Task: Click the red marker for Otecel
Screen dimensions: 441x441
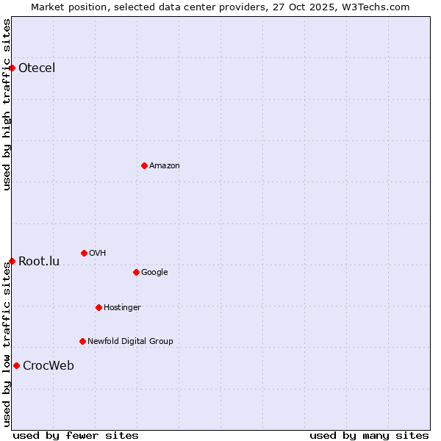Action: pos(12,68)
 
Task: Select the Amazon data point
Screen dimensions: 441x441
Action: pos(144,165)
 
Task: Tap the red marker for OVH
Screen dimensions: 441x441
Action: pos(84,253)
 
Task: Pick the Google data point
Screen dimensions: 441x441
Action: pos(136,272)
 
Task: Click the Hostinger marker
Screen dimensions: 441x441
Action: pos(98,307)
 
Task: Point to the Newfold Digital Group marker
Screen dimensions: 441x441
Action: pos(82,341)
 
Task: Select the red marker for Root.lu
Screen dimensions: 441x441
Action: pos(12,261)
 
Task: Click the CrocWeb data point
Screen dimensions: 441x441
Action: pos(16,365)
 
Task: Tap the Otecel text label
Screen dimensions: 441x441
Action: pos(37,68)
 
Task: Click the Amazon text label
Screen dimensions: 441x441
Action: pos(165,165)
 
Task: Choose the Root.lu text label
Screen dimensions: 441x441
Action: pos(39,261)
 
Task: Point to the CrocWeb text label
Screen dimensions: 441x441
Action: pos(49,365)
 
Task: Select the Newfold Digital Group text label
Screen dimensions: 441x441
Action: pos(130,341)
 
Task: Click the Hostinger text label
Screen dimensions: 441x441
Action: pos(122,307)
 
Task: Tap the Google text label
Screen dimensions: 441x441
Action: pos(154,272)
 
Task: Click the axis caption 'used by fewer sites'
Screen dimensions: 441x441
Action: pos(76,435)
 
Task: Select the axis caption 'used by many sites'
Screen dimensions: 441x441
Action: pos(369,435)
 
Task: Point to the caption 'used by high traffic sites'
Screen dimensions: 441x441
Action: pos(7,104)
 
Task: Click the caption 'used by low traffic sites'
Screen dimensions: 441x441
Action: pos(7,344)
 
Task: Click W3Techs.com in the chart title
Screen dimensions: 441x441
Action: pos(378,7)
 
